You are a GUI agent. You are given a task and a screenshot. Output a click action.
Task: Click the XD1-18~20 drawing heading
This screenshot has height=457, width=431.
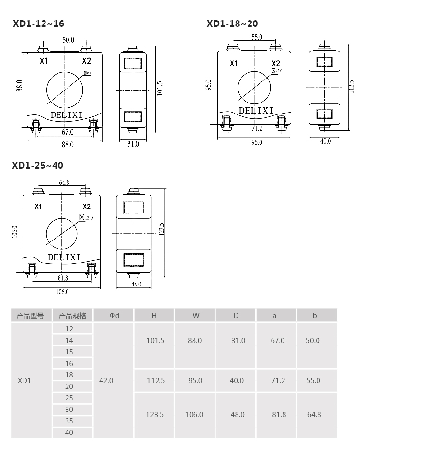232,23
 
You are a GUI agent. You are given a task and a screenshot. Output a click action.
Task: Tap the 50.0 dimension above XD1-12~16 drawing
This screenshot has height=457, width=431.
68,40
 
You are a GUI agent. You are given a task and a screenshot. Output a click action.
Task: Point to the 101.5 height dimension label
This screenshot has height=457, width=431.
159,88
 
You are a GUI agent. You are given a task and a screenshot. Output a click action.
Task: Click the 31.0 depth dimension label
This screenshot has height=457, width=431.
133,144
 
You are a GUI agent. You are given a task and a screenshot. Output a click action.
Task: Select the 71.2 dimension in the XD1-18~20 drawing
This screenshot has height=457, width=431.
257,128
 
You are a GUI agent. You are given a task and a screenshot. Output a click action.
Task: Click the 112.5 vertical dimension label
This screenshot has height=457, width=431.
351,87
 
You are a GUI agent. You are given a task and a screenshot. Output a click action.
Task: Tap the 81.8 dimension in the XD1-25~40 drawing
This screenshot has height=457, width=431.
63,278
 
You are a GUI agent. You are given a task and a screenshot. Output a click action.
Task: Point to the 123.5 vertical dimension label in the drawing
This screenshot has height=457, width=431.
162,229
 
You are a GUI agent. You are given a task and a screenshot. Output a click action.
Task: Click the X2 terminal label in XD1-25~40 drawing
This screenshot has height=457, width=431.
87,206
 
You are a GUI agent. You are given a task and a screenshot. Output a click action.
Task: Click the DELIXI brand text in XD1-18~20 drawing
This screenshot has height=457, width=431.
256,111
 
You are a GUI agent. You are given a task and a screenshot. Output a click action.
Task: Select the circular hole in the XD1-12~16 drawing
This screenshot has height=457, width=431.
65,90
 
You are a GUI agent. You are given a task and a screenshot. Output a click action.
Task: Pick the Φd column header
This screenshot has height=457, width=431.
114,316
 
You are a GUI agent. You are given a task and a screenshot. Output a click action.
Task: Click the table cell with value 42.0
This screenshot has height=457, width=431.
106,381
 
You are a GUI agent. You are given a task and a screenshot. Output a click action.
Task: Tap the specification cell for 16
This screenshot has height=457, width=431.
69,364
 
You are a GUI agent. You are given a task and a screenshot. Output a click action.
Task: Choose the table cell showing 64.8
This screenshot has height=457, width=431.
314,415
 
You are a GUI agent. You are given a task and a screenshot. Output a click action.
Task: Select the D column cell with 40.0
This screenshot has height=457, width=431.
237,381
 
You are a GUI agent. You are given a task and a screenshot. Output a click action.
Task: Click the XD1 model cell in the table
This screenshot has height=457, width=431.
24,381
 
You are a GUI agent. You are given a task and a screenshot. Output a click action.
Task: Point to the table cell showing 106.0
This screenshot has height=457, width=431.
194,415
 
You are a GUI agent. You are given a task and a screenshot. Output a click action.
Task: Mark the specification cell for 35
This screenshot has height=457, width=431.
69,421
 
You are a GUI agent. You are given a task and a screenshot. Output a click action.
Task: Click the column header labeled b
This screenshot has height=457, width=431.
315,316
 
